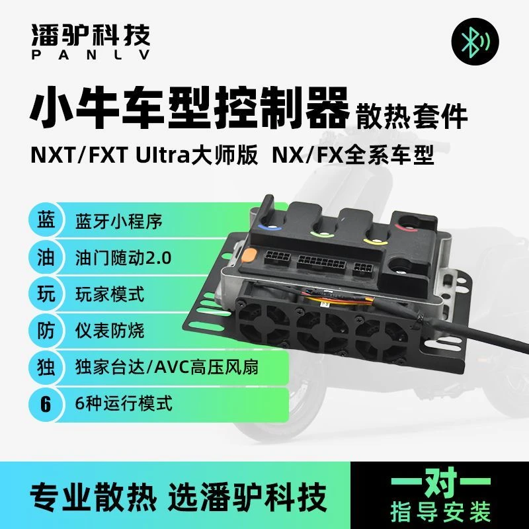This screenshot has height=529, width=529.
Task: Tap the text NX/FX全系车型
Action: (353, 158)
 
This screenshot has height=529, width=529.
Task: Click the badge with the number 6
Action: (45, 403)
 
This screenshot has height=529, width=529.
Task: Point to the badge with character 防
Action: (45, 329)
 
